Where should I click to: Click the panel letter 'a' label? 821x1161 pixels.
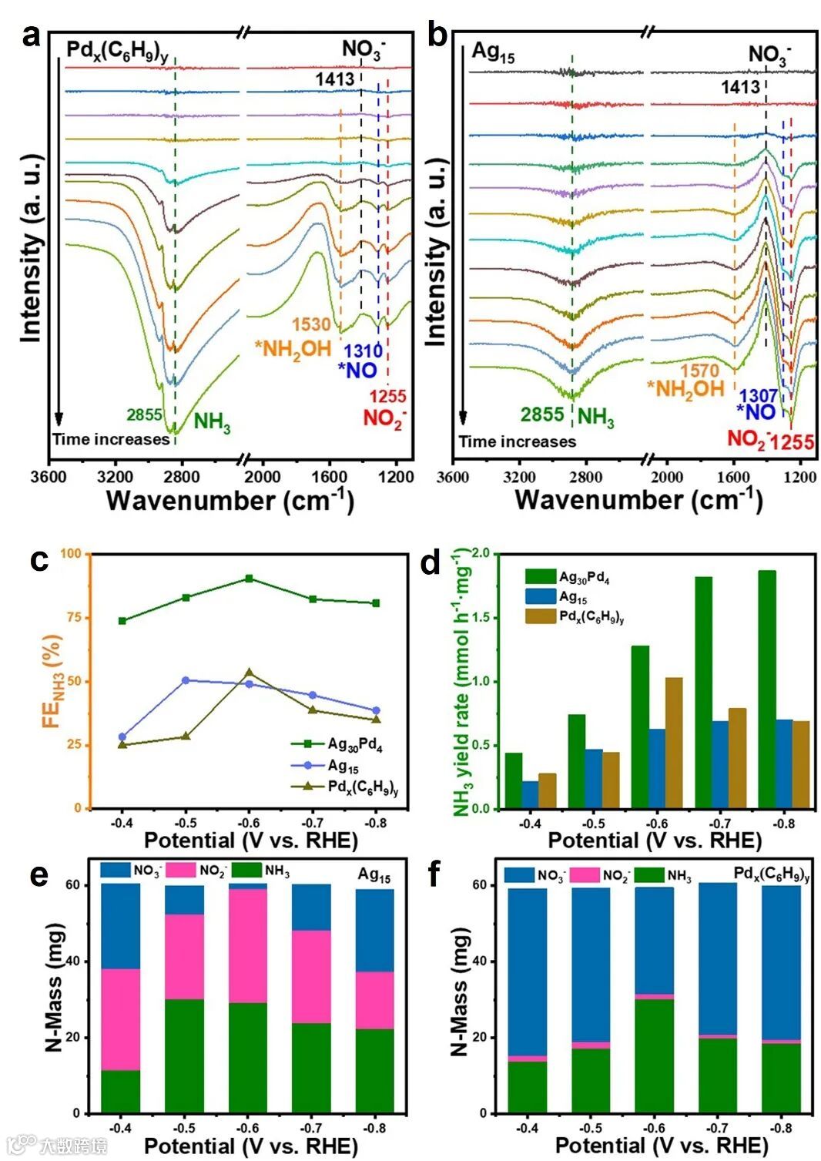coord(30,36)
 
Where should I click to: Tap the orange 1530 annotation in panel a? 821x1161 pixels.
coord(310,325)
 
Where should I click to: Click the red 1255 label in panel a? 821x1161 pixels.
coord(387,398)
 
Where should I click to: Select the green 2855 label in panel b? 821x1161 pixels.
coord(542,414)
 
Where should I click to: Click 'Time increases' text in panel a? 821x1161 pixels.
coord(110,440)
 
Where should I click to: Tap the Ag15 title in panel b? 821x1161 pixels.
coord(493,53)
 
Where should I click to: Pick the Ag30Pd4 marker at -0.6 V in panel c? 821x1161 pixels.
coord(249,578)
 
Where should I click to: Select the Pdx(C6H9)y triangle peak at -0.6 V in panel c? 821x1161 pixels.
coord(249,673)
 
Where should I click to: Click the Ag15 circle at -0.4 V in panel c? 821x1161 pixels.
coord(122,737)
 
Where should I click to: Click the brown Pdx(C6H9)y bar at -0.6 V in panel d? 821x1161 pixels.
coord(674,743)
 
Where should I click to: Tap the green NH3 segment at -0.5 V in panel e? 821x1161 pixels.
coord(184,1055)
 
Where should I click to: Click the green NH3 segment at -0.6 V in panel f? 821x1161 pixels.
coord(654,1055)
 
